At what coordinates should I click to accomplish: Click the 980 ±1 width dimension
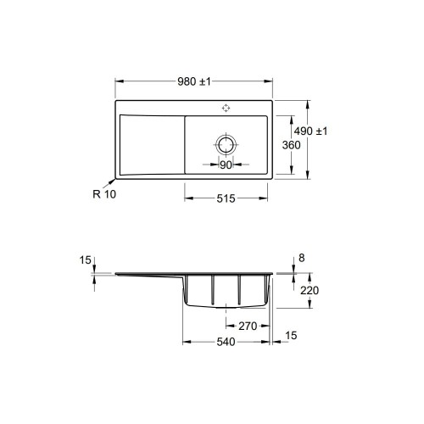[x=194, y=81]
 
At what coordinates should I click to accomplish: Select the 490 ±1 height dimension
[x=310, y=131]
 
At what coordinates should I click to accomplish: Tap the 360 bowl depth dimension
[x=291, y=145]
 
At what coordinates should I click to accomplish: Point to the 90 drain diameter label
[x=226, y=165]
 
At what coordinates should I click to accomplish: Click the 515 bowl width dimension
[x=226, y=198]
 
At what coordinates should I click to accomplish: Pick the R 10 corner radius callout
[x=104, y=194]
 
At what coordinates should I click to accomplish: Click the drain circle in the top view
[x=226, y=145]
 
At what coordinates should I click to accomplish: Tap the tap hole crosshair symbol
[x=226, y=108]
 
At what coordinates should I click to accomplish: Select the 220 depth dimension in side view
[x=310, y=290]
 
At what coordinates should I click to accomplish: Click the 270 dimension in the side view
[x=248, y=326]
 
